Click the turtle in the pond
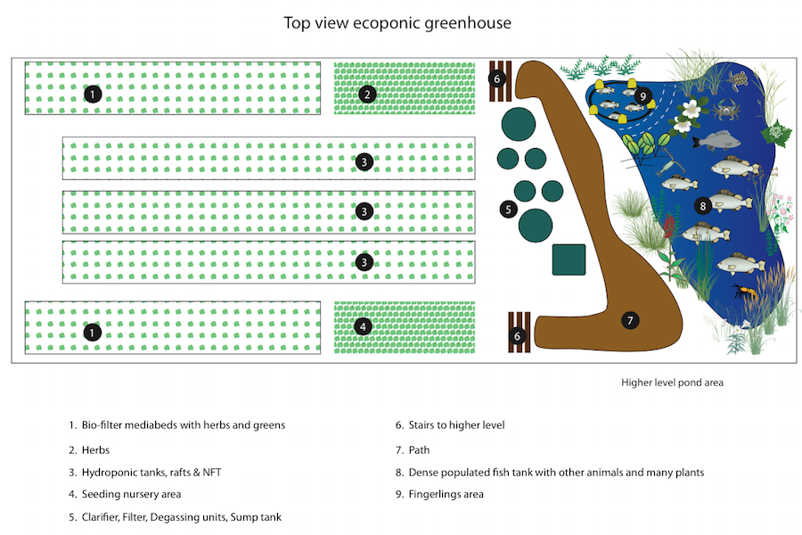[737, 80]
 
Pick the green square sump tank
[569, 259]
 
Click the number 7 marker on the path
[630, 319]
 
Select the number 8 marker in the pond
[703, 205]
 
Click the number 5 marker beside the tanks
[508, 210]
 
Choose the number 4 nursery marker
[362, 327]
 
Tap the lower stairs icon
[519, 333]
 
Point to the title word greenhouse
[467, 23]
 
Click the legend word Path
[419, 449]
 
